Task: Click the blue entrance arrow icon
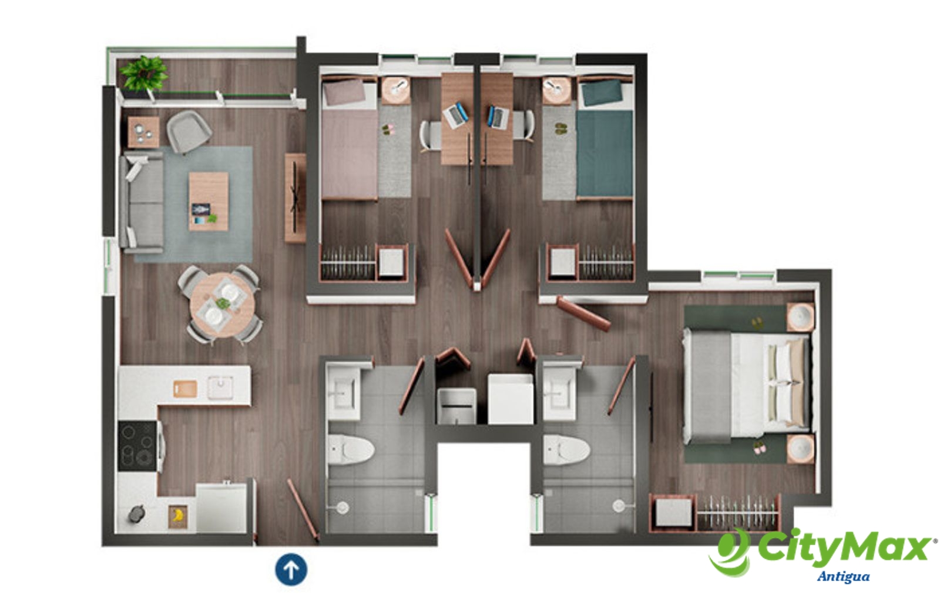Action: click(x=291, y=569)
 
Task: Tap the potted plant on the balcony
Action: click(x=143, y=74)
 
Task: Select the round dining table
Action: click(x=223, y=305)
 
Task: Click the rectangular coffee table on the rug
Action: click(x=209, y=201)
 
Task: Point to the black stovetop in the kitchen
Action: click(x=137, y=446)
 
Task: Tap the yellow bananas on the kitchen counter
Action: click(x=178, y=515)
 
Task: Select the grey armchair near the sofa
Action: click(x=189, y=132)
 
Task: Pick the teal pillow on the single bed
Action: click(x=602, y=92)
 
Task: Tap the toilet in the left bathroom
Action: click(x=351, y=449)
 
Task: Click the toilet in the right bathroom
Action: click(x=566, y=450)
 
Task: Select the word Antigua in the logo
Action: click(x=844, y=577)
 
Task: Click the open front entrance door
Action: click(x=303, y=510)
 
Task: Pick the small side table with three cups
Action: click(x=143, y=132)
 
